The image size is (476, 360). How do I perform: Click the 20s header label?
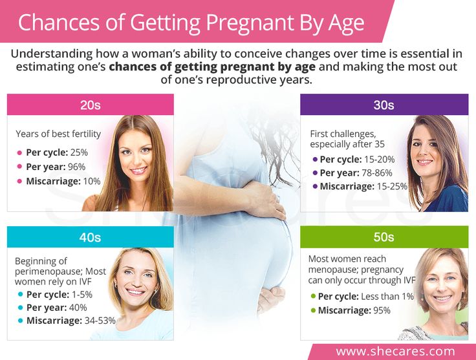point(90,105)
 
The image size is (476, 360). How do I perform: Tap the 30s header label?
point(384,105)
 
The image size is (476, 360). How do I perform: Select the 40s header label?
point(90,237)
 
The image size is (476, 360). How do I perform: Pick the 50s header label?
point(384,237)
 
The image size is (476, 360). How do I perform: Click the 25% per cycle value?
point(79,153)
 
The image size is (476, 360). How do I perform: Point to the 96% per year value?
point(77,167)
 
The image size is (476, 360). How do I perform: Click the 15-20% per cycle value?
point(379,159)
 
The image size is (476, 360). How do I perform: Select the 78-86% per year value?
point(377,173)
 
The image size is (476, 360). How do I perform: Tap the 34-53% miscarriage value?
point(100,321)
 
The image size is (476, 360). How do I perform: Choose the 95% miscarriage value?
point(382,310)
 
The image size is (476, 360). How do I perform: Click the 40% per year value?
point(78,308)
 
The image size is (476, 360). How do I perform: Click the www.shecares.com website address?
point(396,352)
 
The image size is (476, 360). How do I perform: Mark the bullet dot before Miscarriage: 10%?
point(20,182)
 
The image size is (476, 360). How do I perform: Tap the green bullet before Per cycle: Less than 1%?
point(314,296)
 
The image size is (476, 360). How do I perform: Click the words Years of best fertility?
point(58,134)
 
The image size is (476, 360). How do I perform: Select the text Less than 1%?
point(387,296)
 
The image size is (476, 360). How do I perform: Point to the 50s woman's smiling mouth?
point(442,298)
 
